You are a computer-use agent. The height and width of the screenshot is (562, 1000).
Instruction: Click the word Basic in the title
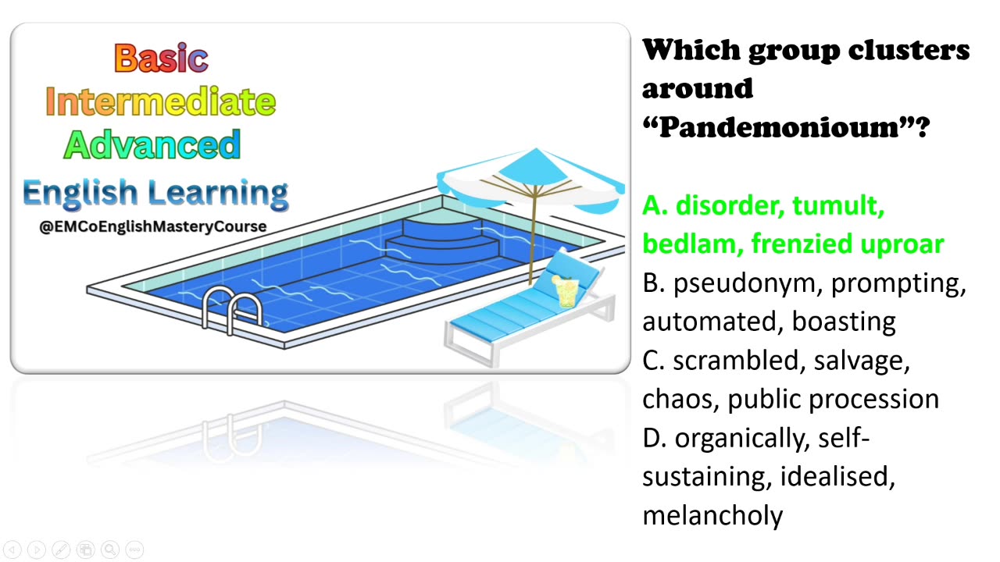click(161, 58)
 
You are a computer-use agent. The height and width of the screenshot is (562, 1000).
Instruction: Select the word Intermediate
click(161, 101)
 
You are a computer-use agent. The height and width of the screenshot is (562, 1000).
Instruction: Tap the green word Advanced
click(152, 144)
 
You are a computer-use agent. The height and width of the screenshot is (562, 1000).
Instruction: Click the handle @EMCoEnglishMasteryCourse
click(153, 226)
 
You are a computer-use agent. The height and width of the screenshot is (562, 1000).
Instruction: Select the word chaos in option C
click(680, 399)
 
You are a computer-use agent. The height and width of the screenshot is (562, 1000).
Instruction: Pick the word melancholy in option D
click(712, 515)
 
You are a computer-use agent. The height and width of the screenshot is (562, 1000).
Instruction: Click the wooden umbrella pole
click(534, 234)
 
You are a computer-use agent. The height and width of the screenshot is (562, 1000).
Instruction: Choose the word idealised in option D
click(836, 476)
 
